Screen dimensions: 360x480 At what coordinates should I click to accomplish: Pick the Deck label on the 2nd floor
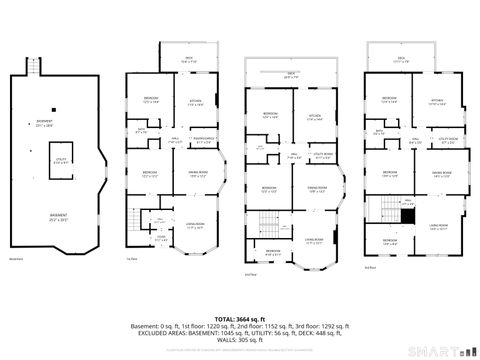click(291, 75)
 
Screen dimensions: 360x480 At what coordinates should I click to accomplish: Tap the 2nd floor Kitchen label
click(315, 116)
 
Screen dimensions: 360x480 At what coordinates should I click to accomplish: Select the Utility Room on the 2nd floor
click(321, 155)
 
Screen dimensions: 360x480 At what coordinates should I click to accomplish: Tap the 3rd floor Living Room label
click(436, 227)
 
